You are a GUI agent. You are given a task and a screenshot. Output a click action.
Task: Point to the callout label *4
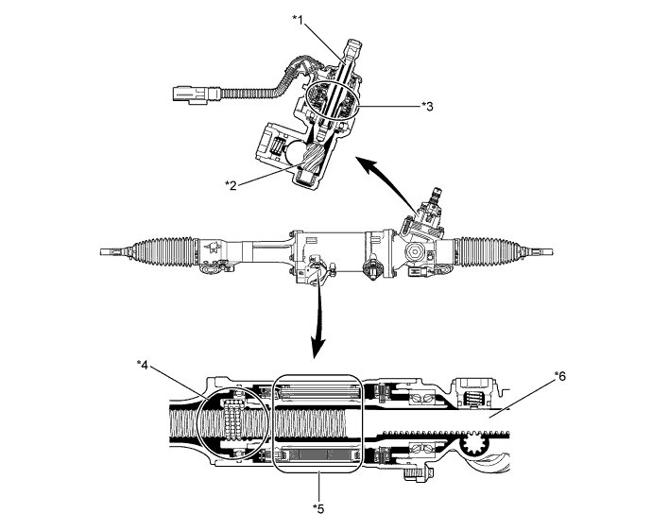coord(145,362)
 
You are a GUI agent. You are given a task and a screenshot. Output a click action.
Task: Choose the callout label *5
coord(317,506)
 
